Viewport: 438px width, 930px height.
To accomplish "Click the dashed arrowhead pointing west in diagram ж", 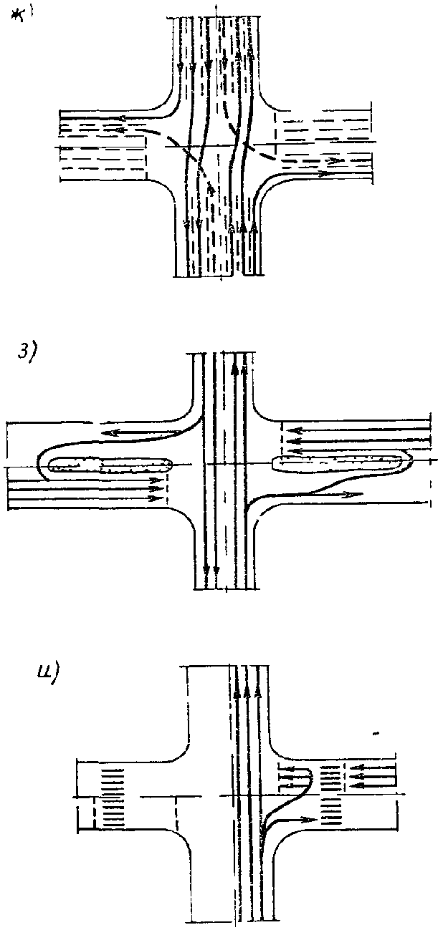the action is pos(123,119).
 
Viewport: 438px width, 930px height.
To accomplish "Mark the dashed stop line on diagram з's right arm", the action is pos(281,438).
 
